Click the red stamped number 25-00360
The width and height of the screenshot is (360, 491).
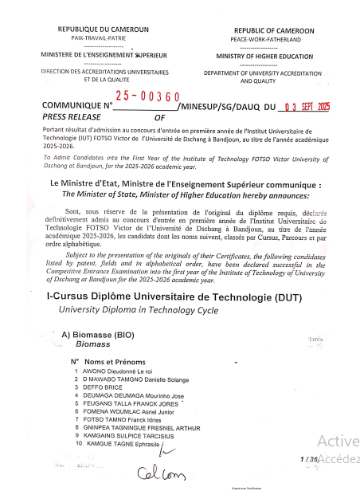pos(147,96)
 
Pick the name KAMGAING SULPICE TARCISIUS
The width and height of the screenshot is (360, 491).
pos(133,436)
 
